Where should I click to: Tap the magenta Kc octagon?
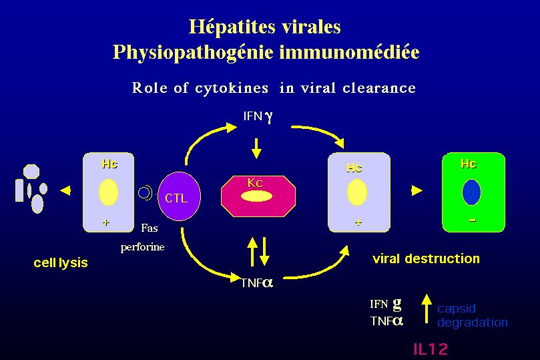pos(258,196)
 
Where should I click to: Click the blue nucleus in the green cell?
pos(471,193)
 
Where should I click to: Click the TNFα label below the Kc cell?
pos(256,283)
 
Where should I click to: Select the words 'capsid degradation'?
pos(472,315)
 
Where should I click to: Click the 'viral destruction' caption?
pos(425,259)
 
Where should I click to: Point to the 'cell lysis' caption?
pos(60,262)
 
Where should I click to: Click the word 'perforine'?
pos(142,246)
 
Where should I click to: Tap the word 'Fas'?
pos(150,228)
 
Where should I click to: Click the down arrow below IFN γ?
pos(257,146)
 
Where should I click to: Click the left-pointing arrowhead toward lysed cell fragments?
pos(65,192)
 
